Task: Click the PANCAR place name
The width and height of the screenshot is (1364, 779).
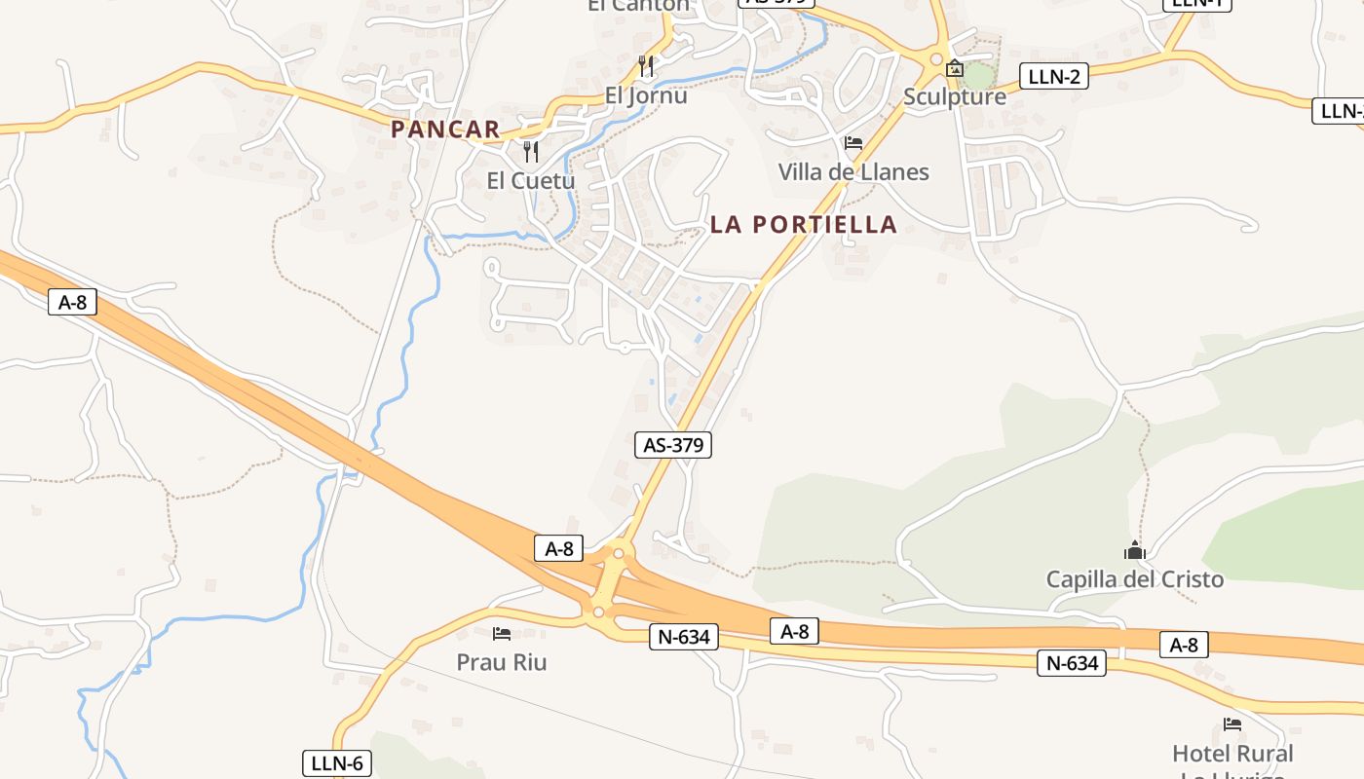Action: click(445, 129)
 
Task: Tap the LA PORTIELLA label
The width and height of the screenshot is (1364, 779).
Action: click(803, 224)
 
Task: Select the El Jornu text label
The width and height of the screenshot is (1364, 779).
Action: click(646, 95)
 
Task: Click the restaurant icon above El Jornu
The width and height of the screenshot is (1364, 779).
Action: click(646, 66)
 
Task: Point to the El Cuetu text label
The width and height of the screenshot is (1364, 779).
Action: click(530, 180)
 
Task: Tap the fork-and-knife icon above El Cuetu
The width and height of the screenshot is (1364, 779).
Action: click(531, 151)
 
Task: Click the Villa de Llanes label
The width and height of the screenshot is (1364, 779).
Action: click(853, 172)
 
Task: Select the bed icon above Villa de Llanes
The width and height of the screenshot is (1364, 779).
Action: click(853, 143)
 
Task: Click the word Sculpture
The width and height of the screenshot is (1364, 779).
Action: click(954, 96)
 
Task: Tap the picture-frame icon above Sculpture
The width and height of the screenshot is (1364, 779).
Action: click(955, 68)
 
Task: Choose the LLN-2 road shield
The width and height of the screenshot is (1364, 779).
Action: click(1054, 77)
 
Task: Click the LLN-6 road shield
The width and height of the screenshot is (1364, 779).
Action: click(336, 763)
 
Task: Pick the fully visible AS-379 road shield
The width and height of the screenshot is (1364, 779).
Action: click(673, 445)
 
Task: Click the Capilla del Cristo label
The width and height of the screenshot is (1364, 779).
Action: click(1134, 579)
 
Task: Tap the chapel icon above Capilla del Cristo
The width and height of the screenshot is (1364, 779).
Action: click(1134, 550)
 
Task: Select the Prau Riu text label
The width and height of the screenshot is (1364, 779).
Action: click(502, 662)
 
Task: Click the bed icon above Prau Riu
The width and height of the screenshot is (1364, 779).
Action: click(502, 634)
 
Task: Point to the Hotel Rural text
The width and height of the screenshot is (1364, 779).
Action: click(1232, 754)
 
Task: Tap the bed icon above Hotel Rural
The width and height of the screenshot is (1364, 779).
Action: click(1232, 724)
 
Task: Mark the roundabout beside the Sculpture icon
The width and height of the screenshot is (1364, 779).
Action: click(936, 60)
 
